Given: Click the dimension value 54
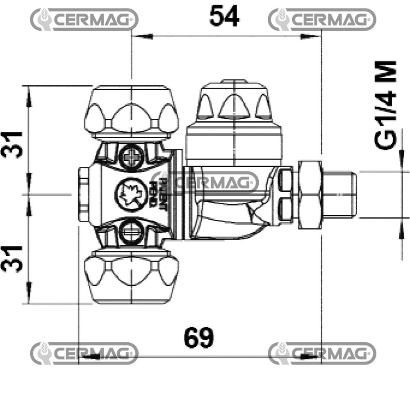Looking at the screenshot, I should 224,16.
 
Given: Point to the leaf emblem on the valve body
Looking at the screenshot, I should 131,193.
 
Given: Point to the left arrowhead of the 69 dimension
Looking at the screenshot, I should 88,356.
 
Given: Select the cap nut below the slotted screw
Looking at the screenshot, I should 131,276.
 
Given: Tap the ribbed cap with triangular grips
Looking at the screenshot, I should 232,102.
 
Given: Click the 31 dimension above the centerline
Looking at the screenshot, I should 12,144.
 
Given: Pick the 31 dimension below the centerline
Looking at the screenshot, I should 12,258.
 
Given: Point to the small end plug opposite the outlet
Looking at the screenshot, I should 84,194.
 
